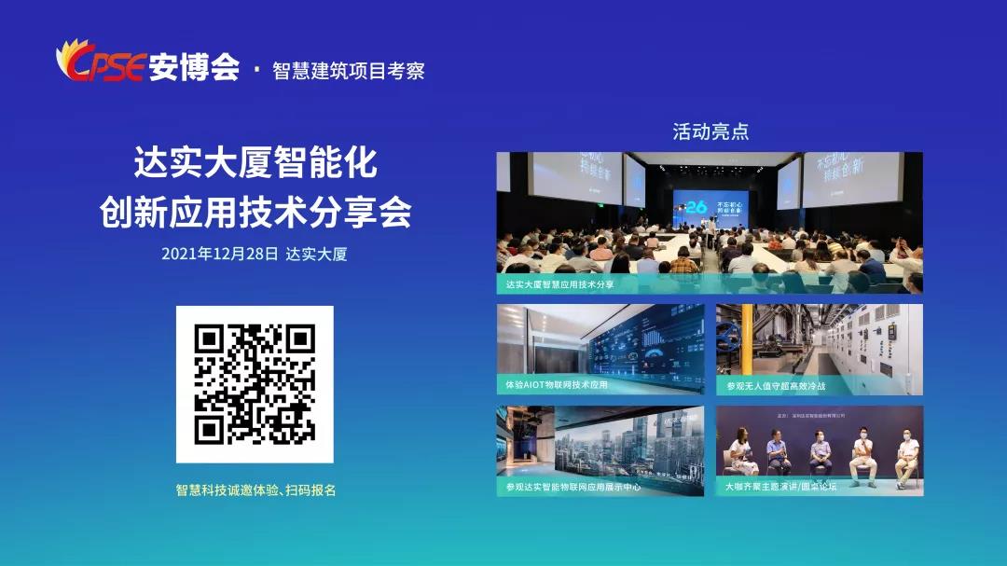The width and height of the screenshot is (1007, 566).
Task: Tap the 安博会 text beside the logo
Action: pos(193,67)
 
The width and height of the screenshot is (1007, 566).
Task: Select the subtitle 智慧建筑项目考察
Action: pos(348,71)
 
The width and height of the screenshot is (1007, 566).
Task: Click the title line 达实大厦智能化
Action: pos(255,163)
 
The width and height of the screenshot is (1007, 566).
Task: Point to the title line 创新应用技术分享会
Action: pos(255,213)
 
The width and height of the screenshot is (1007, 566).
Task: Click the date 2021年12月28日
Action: pos(219,254)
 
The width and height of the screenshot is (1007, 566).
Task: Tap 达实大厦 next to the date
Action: pos(317,254)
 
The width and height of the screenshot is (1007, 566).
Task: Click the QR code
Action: pos(255,383)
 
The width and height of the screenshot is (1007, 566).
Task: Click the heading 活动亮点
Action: pos(710,131)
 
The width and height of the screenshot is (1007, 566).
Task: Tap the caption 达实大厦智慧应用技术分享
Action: pos(559,284)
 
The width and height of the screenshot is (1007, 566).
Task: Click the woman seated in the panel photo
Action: pos(742,454)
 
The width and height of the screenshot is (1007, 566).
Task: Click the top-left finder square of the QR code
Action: pos(207,337)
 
